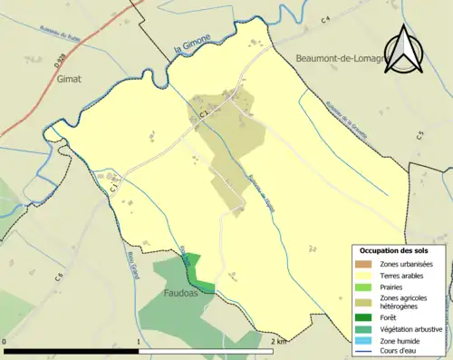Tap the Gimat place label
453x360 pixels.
tap(68, 79)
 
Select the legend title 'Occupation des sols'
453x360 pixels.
tap(393, 250)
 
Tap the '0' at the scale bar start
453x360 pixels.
tap(6, 341)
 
